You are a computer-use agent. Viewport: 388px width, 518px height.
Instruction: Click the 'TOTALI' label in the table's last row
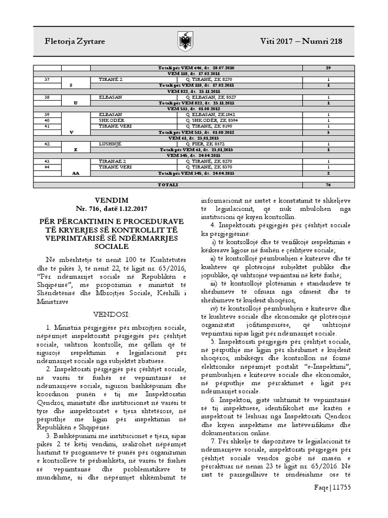pyautogui.click(x=168, y=185)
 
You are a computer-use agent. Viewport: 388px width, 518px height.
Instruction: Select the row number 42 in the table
pyautogui.click(x=47, y=143)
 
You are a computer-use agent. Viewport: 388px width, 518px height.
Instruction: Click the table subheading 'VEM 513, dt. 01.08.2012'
pyautogui.click(x=194, y=109)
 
